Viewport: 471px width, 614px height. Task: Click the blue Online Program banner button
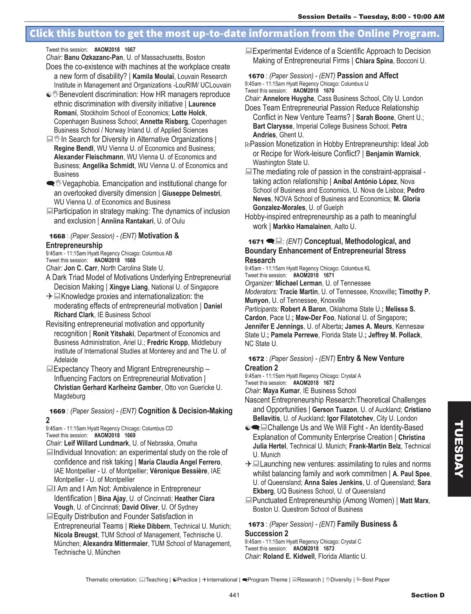(x=235, y=33)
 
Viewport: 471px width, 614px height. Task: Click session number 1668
(x=57, y=236)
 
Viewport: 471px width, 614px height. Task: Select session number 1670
(x=256, y=76)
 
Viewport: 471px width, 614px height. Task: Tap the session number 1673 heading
(x=256, y=524)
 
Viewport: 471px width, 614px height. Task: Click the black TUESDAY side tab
(x=459, y=449)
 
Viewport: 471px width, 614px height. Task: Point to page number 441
(x=234, y=595)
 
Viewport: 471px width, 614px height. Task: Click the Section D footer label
(x=427, y=595)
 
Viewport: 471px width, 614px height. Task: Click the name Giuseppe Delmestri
(x=192, y=194)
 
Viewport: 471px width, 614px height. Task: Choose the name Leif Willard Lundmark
(x=97, y=443)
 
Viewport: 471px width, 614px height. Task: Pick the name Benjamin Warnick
(x=392, y=154)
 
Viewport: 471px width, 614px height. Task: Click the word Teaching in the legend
(x=157, y=580)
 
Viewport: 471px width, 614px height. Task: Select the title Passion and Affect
(x=367, y=76)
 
